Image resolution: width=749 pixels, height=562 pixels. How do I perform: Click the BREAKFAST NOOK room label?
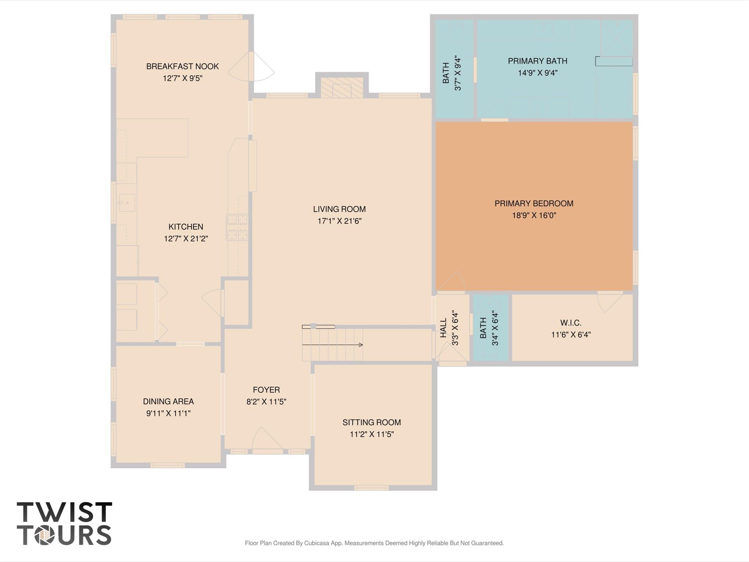coord(182,66)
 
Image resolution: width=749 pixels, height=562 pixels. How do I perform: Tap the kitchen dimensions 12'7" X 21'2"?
coord(186,239)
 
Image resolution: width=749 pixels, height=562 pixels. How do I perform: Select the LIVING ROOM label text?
coord(339,209)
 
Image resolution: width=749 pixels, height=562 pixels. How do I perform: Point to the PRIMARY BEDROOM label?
coord(534,204)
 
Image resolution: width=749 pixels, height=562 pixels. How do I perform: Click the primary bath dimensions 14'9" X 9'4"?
coord(538,73)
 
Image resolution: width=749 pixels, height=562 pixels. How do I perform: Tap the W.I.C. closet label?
coord(570,323)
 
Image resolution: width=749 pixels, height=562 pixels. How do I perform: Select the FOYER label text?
coord(266,390)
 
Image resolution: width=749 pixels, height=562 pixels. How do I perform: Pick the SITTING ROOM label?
coord(371,423)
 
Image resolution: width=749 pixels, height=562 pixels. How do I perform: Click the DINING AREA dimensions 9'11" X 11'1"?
coord(168,413)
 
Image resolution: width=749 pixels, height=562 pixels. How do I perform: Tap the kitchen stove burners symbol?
coord(237,227)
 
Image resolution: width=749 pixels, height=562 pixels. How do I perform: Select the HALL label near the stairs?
coord(443,328)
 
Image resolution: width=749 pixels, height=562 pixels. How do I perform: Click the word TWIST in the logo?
coord(64,512)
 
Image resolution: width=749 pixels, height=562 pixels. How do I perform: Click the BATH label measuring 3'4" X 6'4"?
coord(483,328)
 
